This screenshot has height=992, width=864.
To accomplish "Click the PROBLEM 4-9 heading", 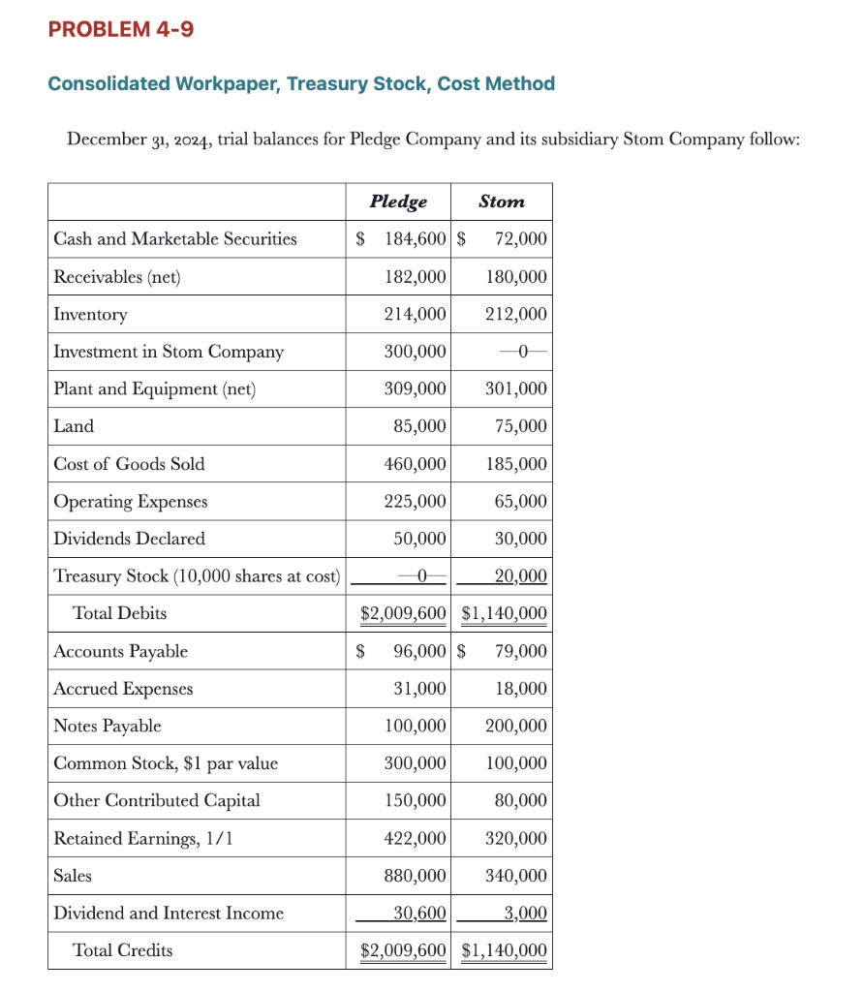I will [121, 30].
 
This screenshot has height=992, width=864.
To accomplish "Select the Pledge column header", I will [398, 201].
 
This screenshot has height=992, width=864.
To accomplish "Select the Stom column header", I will [501, 201].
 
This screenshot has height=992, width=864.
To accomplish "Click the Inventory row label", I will [90, 315].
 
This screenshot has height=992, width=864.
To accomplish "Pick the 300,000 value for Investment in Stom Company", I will [415, 352].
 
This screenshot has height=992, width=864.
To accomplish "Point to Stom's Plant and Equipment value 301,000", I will [515, 389].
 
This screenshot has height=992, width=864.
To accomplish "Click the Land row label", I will [74, 426].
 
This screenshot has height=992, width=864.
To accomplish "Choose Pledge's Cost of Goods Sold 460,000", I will [415, 464].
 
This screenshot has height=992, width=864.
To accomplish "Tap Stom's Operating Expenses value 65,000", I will [519, 502].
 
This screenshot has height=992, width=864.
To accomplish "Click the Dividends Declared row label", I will [129, 539].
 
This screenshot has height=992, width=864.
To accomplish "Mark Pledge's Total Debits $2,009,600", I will [403, 613].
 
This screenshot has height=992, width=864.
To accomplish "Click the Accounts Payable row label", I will [120, 651].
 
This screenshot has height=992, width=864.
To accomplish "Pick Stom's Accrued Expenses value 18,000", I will [519, 689].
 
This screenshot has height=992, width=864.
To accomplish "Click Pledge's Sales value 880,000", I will [415, 876].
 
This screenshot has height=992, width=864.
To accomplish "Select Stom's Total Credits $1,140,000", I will [504, 950].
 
